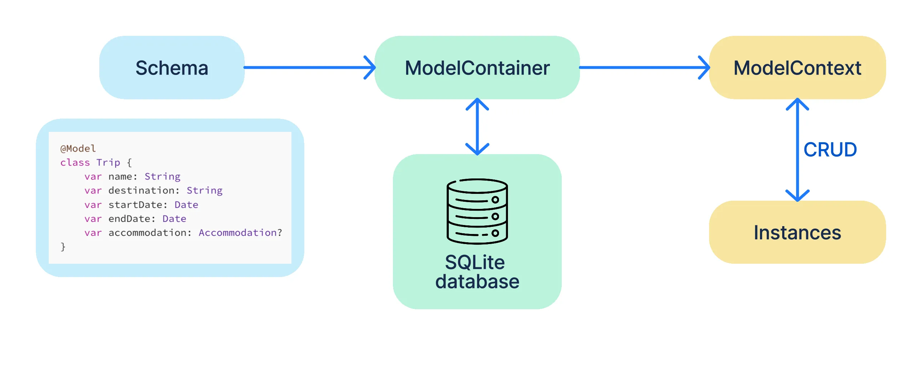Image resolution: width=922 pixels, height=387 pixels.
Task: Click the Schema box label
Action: (172, 68)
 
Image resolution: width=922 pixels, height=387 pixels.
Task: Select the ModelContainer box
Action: (477, 68)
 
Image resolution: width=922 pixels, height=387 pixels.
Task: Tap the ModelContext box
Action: (797, 68)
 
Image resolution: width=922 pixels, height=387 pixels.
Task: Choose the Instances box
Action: (797, 232)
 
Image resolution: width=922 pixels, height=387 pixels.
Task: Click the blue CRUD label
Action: (830, 149)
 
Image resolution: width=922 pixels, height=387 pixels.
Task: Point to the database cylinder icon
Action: (477, 211)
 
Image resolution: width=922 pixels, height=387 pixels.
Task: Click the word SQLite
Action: (475, 262)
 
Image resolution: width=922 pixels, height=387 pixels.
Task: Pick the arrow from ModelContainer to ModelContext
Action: (644, 67)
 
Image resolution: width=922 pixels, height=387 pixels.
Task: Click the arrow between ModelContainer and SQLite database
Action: (477, 126)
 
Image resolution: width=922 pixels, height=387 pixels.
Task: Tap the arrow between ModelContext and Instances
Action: (797, 149)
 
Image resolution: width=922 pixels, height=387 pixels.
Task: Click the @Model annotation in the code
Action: (78, 148)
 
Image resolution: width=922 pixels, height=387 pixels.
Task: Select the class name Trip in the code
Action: (108, 163)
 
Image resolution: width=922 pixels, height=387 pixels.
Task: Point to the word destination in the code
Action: (144, 190)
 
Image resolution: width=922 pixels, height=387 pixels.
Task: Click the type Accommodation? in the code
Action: (240, 233)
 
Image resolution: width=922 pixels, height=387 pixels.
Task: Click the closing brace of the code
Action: (63, 247)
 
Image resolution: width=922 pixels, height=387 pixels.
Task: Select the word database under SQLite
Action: (477, 282)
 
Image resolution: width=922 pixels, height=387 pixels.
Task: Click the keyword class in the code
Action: (75, 163)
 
